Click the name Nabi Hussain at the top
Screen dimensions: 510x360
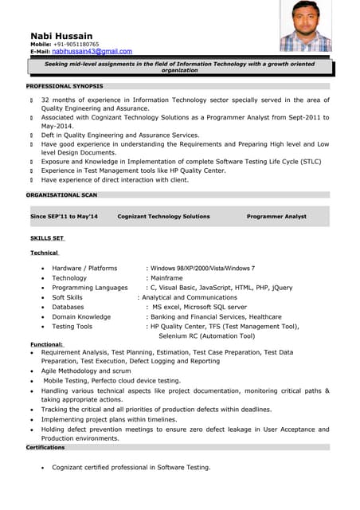click(61, 36)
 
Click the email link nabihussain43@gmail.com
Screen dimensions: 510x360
click(92, 51)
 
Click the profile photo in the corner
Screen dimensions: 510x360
click(305, 25)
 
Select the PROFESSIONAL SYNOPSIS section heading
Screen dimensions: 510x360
click(65, 86)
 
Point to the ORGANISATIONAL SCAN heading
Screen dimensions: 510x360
click(62, 194)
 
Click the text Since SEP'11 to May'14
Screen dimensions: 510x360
click(64, 217)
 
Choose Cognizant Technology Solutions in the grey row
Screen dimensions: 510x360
click(163, 217)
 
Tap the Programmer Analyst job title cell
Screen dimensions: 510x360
click(276, 217)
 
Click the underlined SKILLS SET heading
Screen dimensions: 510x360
click(47, 238)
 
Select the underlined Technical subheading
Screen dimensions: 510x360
click(45, 253)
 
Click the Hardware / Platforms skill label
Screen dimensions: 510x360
click(84, 269)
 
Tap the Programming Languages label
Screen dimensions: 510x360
click(90, 288)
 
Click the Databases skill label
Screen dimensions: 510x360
click(68, 307)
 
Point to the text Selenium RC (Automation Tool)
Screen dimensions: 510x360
click(206, 336)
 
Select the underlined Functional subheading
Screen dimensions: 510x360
click(47, 344)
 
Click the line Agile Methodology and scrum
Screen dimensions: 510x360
click(86, 371)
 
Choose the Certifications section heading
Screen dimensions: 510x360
click(45, 448)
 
